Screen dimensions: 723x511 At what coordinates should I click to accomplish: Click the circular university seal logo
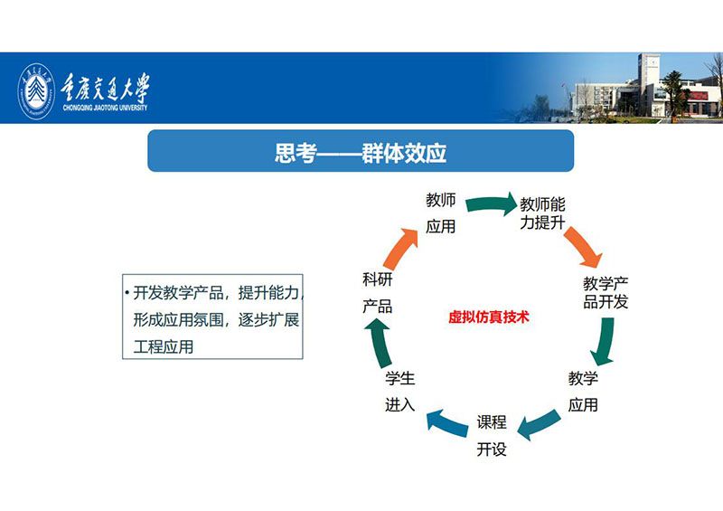tap(36, 91)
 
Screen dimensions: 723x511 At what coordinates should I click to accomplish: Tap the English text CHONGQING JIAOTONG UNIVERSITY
tap(105, 108)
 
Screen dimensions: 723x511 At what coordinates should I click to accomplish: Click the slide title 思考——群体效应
tap(361, 153)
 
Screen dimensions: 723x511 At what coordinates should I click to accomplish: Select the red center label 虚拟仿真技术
tap(488, 317)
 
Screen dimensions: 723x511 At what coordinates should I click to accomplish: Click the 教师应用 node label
tap(441, 213)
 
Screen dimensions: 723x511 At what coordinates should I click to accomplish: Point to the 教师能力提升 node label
tap(543, 213)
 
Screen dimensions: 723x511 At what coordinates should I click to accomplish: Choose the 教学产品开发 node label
tap(606, 293)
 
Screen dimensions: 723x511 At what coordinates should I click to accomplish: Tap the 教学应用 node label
tap(583, 392)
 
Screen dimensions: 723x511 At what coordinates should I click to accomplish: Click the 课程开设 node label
tap(492, 435)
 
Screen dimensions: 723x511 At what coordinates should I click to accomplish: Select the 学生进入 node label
tap(400, 392)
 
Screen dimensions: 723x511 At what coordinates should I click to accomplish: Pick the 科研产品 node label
tap(378, 293)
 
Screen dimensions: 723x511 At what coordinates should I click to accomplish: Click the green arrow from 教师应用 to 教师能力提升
tap(492, 203)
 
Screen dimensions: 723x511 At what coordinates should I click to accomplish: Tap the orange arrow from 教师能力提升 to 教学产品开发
tap(583, 247)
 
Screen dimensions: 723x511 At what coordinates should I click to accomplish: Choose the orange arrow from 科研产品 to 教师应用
tap(400, 249)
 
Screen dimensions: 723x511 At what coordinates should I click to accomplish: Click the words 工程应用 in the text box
tap(164, 347)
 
